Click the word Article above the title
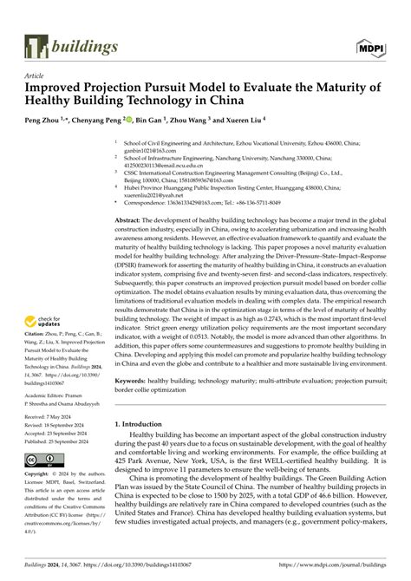point(36,75)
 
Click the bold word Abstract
point(132,222)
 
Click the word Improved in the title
point(61,88)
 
